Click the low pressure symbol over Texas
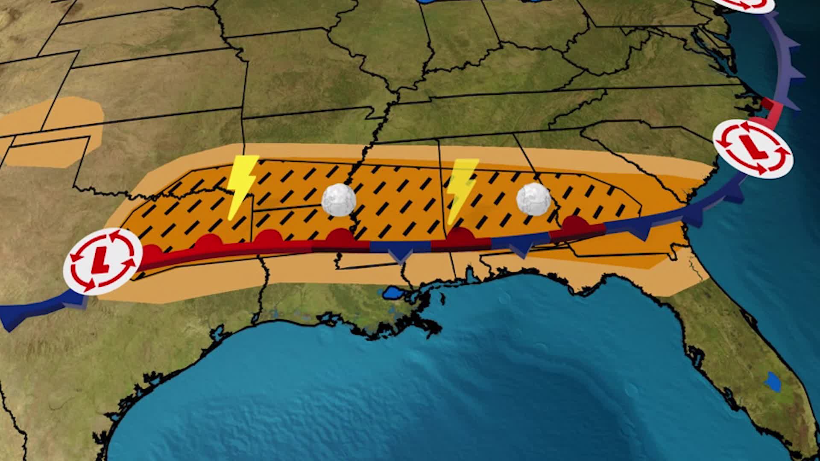coord(102,260)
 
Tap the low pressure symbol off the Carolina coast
coord(753,149)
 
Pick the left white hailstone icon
coord(339,200)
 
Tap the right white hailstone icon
coord(534,199)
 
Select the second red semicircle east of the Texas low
coord(209,242)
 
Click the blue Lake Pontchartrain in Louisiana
coord(392,293)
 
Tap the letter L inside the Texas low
coord(101,259)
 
